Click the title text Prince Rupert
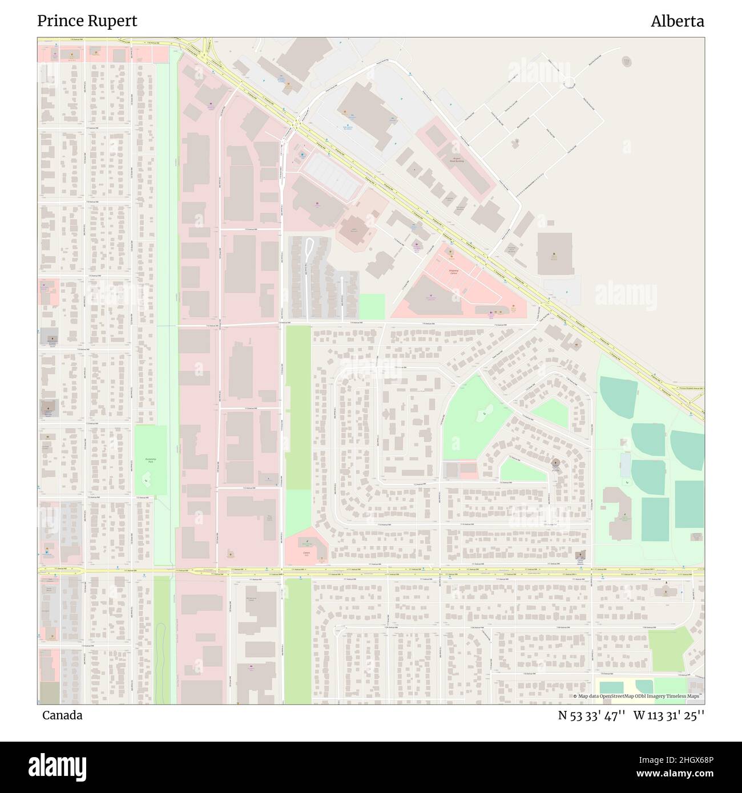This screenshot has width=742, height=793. coord(87,21)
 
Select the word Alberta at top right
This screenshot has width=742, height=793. coord(677,22)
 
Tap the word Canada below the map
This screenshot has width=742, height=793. coord(62,715)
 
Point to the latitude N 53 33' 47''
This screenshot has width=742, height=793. coord(592,715)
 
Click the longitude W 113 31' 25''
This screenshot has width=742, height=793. coord(669,715)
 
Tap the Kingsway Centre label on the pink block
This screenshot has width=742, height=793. coord(454,273)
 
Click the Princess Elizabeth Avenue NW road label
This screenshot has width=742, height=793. coord(691,388)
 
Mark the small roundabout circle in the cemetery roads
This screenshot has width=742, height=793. coord(569,85)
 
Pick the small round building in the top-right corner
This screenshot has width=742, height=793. coord(627,61)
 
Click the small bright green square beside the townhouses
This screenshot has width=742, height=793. coord(372,306)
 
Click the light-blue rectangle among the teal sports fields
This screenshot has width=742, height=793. coord(626,465)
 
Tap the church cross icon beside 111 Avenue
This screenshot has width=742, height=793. coord(582,554)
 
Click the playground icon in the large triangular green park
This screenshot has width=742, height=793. coord(485,412)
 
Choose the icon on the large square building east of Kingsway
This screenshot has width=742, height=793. coord(553,255)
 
